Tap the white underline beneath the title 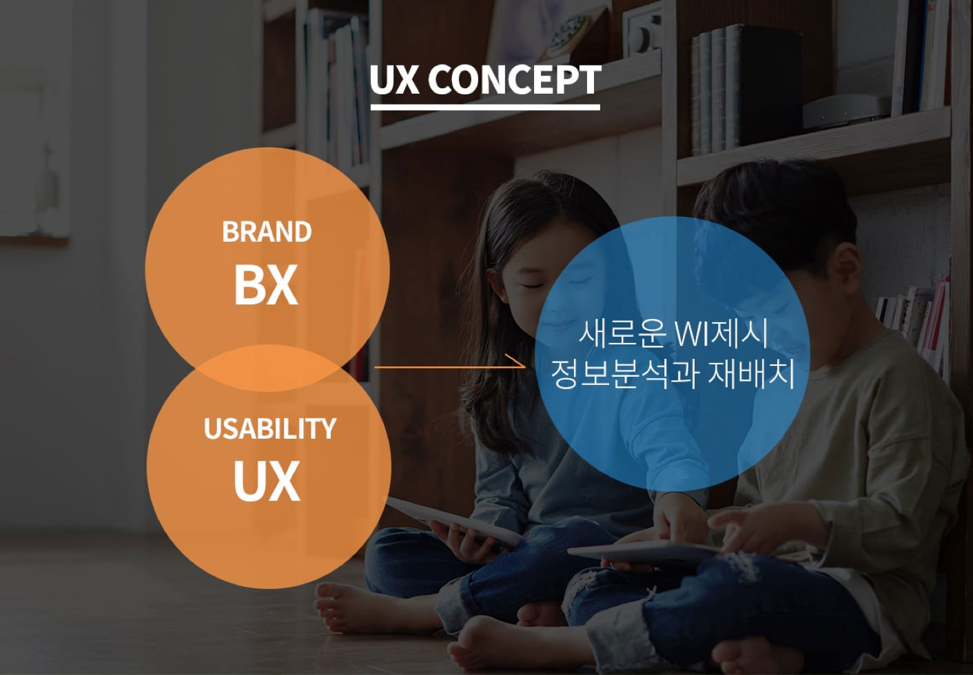[x=485, y=107]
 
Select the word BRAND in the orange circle [x=267, y=232]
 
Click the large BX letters [x=266, y=284]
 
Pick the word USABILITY [x=269, y=428]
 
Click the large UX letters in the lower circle [x=267, y=481]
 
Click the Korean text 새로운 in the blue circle [x=622, y=333]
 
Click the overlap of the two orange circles [x=268, y=368]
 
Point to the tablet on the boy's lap [x=643, y=551]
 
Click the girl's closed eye [x=533, y=286]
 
